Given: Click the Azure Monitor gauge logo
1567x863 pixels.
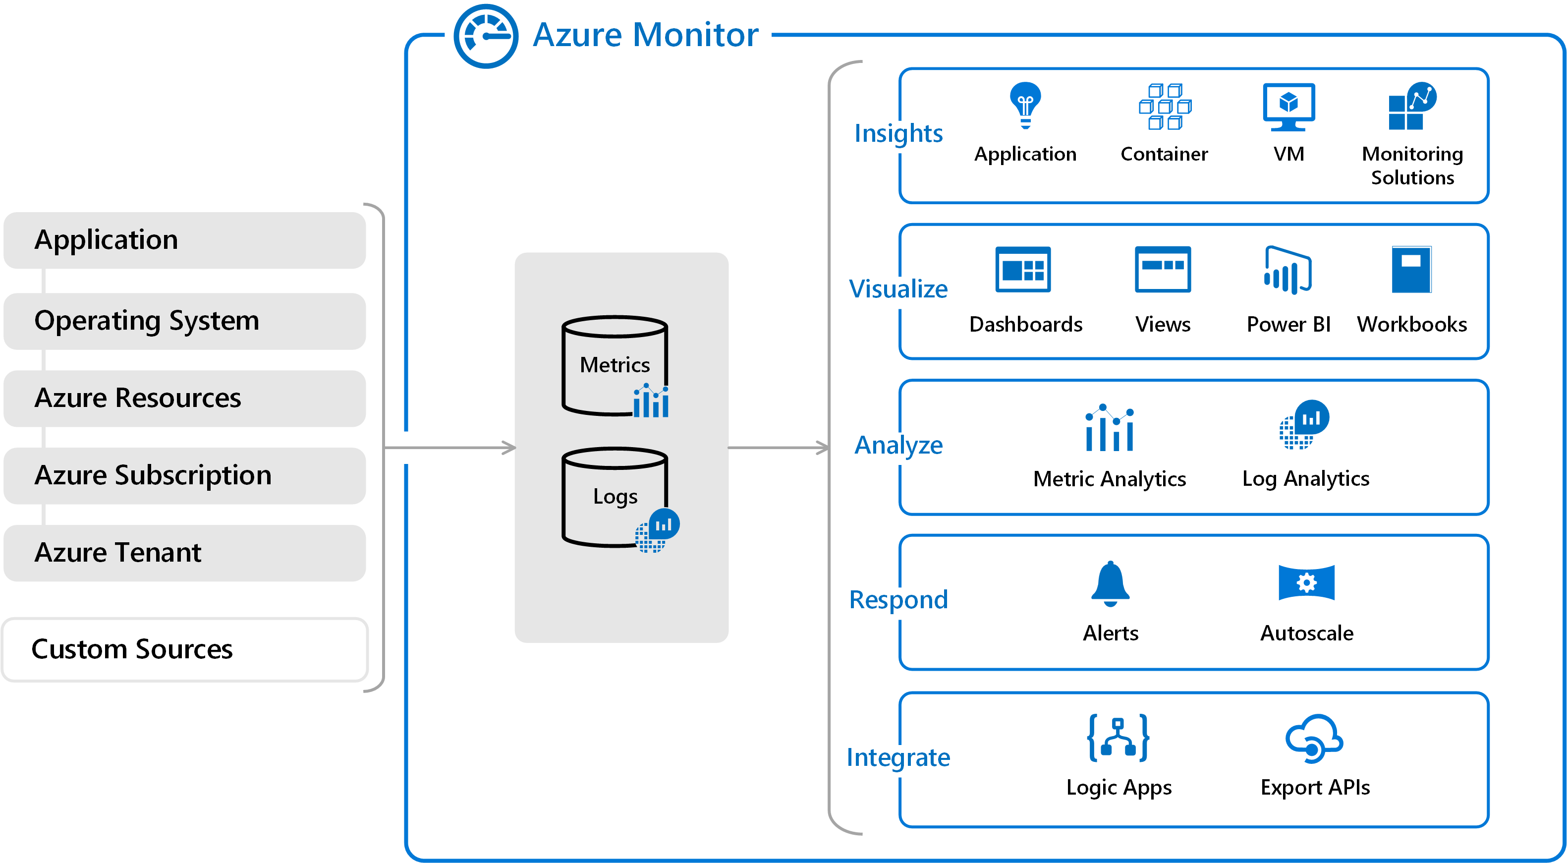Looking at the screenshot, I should (x=486, y=37).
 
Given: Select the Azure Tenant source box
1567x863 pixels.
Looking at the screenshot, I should (x=184, y=553).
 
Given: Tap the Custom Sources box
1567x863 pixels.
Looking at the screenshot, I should (x=184, y=649).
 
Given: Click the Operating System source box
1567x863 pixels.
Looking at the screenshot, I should (x=184, y=321).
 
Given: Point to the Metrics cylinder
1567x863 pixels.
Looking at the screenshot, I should (x=615, y=365).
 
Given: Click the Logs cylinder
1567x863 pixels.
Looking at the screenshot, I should (x=615, y=497).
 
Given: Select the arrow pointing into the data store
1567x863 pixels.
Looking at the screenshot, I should (x=450, y=448).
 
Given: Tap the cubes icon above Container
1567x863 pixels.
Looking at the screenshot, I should (x=1164, y=107).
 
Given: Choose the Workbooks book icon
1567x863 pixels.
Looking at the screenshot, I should (x=1411, y=269).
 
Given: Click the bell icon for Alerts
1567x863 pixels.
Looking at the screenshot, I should (x=1110, y=583).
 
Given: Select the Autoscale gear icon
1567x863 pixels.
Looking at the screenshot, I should (x=1306, y=582).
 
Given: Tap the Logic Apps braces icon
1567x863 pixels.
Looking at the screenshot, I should (x=1118, y=738).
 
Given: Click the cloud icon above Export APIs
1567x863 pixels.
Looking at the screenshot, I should (x=1314, y=738).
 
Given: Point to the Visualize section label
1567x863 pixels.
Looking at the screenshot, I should (x=898, y=289).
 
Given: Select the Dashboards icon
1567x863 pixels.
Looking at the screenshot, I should (x=1023, y=269).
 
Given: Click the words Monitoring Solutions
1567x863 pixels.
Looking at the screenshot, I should (x=1412, y=166).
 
